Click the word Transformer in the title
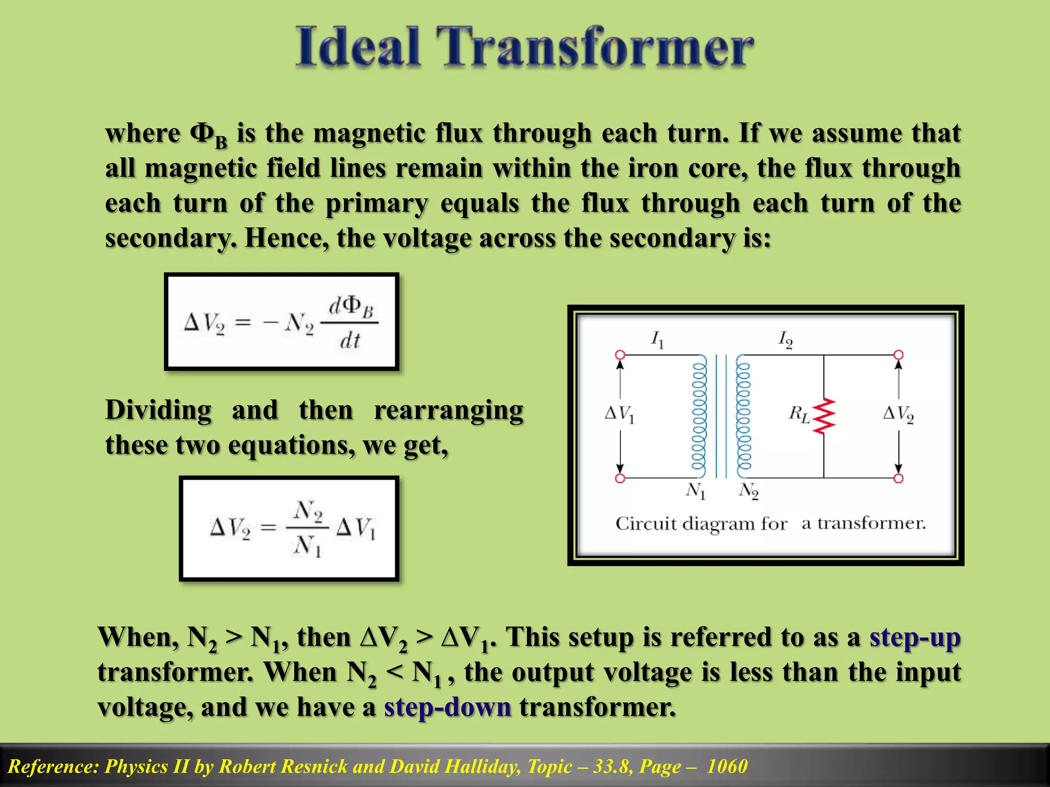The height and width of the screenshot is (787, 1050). click(595, 47)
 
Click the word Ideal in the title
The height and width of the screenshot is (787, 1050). click(358, 47)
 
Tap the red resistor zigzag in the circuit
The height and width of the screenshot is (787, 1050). click(824, 416)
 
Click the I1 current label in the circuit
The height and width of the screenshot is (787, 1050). click(657, 339)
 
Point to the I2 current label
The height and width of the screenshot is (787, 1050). click(785, 339)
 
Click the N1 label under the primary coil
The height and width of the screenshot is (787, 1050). click(696, 491)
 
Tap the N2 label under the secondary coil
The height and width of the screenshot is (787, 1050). click(749, 491)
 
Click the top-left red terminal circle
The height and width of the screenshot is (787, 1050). click(620, 355)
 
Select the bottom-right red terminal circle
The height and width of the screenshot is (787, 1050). click(898, 478)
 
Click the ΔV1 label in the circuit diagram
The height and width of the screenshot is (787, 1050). click(619, 413)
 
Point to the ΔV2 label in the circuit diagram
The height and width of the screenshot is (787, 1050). click(898, 413)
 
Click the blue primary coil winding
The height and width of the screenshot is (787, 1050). click(699, 416)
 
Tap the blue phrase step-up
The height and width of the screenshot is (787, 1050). click(915, 638)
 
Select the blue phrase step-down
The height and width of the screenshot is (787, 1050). click(448, 708)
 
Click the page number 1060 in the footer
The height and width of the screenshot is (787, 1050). click(727, 767)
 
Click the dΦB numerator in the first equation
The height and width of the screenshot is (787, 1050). click(351, 306)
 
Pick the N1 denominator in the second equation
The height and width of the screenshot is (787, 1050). click(308, 546)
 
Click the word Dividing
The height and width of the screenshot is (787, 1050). click(158, 411)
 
